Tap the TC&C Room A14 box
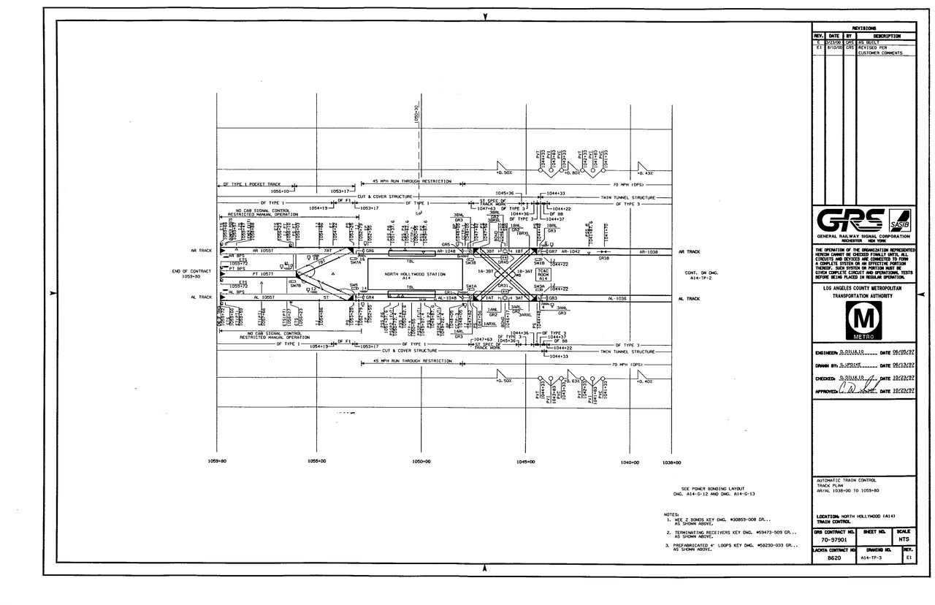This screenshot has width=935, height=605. [543, 274]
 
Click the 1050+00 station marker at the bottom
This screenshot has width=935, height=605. [421, 462]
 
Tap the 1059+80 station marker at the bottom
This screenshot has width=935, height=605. [218, 462]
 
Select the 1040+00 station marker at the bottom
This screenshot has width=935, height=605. [630, 462]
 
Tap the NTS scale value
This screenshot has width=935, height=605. [903, 541]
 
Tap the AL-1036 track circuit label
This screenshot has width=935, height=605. [617, 298]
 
